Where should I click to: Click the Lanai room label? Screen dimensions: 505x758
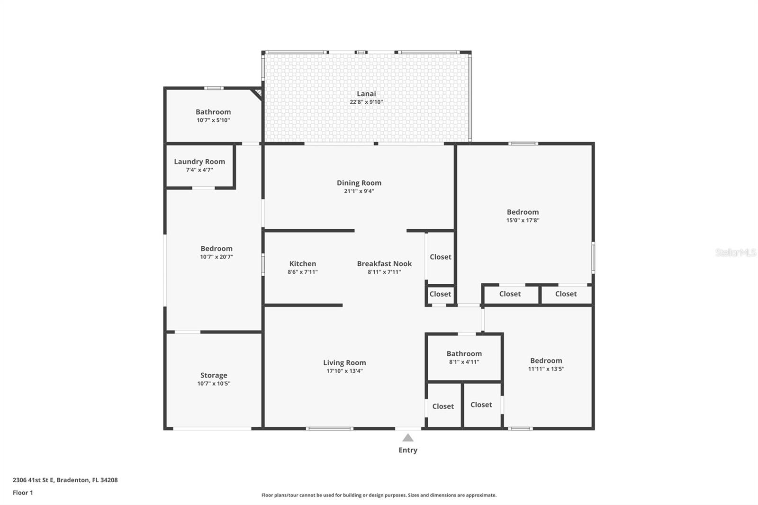366,94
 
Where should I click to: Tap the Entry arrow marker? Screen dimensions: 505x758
408,438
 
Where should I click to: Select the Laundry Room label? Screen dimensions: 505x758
199,162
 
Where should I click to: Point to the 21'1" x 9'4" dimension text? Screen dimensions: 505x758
359,191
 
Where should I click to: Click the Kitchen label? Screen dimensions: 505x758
303,264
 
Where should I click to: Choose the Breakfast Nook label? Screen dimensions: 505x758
384,264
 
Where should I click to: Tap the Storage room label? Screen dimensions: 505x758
214,375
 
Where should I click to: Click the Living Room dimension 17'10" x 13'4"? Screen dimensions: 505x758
344,371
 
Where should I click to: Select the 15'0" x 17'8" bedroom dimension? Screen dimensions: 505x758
523,220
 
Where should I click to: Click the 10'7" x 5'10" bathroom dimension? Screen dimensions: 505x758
213,120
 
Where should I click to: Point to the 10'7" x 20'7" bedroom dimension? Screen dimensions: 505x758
217,257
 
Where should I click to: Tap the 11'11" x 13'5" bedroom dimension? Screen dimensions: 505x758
546,369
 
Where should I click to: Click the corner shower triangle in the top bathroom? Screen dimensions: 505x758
258,92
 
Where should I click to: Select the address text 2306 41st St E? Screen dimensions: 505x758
65,480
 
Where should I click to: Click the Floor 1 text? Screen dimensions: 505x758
23,493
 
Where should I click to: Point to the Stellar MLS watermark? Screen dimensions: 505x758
735,252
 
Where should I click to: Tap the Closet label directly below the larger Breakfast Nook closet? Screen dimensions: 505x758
440,294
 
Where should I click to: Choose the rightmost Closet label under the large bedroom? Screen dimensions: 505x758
566,294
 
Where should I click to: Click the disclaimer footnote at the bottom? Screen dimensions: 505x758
379,495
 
